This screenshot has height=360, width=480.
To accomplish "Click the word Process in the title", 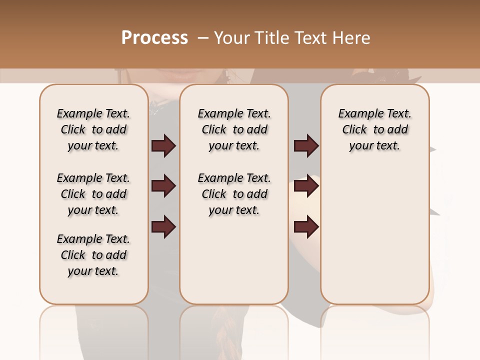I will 154,38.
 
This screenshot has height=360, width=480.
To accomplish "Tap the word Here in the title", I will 351,38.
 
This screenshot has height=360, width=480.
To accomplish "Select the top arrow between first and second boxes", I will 163,146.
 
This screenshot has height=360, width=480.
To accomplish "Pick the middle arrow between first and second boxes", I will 163,186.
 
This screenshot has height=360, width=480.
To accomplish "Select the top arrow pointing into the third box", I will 306,146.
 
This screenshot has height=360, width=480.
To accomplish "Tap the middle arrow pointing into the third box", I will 306,186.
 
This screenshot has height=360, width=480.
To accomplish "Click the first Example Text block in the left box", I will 93,129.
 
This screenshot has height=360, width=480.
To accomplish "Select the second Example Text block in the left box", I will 93,194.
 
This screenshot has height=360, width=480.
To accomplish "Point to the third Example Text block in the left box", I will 93,255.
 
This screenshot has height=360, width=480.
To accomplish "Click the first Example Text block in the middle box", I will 234,129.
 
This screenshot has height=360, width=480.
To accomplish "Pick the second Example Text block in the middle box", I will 234,194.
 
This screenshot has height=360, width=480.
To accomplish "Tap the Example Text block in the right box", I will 374,129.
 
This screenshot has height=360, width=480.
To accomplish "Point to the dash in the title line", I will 202,38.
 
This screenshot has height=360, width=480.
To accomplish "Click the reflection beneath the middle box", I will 234,330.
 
